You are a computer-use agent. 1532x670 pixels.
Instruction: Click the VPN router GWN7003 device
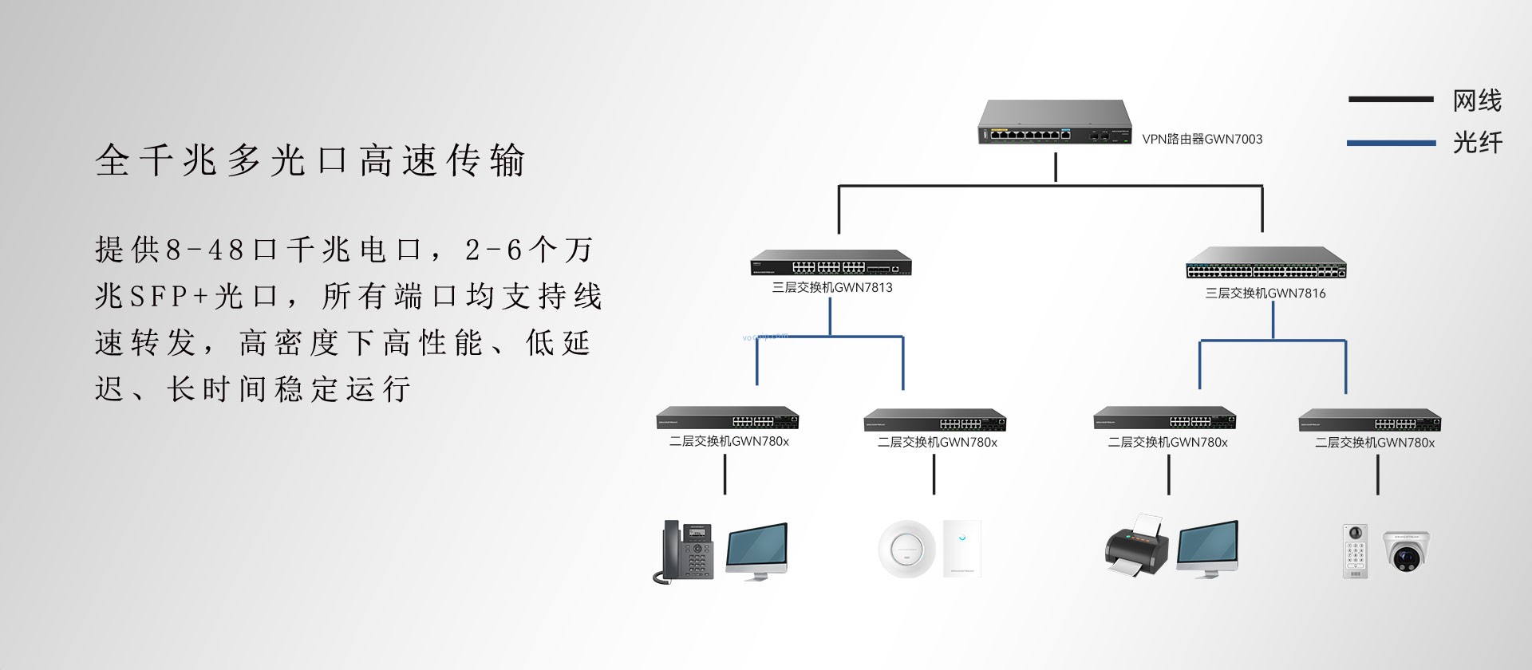click(1055, 123)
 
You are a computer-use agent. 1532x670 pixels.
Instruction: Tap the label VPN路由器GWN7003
click(1202, 140)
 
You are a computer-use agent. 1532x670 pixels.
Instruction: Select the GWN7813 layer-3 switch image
click(831, 264)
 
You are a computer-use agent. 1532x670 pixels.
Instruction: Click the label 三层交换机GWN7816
click(1265, 294)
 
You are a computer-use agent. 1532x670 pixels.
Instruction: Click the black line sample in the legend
click(1391, 100)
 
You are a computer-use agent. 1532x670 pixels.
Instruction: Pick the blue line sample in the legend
click(1391, 144)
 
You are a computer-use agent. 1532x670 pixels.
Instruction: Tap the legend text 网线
click(1477, 100)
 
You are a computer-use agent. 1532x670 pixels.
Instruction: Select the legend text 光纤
click(1477, 143)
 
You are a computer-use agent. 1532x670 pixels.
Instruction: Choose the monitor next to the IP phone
click(756, 550)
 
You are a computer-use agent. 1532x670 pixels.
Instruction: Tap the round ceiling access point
click(906, 549)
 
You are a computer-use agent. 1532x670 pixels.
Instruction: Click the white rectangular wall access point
click(961, 548)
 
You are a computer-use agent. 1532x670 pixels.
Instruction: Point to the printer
click(1136, 546)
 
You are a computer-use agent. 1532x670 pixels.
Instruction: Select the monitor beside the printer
click(1207, 549)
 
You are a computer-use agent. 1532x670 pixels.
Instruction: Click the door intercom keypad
click(1355, 551)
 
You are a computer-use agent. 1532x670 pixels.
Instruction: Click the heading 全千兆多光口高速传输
click(310, 160)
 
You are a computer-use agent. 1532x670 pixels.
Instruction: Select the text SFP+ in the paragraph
click(168, 297)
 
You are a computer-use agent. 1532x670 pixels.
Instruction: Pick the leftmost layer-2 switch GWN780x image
click(727, 419)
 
